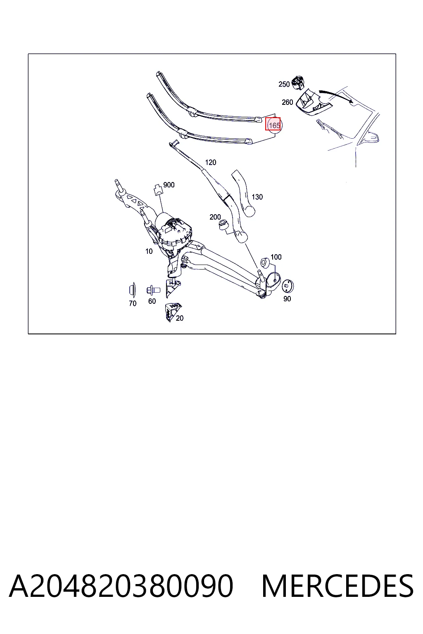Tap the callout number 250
click(284, 84)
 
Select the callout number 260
click(287, 102)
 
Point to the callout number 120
click(211, 162)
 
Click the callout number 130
click(257, 197)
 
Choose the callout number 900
click(169, 185)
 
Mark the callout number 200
click(215, 217)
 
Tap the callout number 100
click(276, 257)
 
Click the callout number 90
click(287, 298)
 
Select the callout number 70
click(133, 303)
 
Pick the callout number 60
click(152, 301)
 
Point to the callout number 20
click(180, 318)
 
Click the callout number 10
click(149, 251)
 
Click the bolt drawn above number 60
click(153, 291)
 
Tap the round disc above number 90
click(288, 286)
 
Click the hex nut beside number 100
click(264, 262)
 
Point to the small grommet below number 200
click(223, 225)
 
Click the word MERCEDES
click(337, 586)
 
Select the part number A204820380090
click(121, 586)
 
